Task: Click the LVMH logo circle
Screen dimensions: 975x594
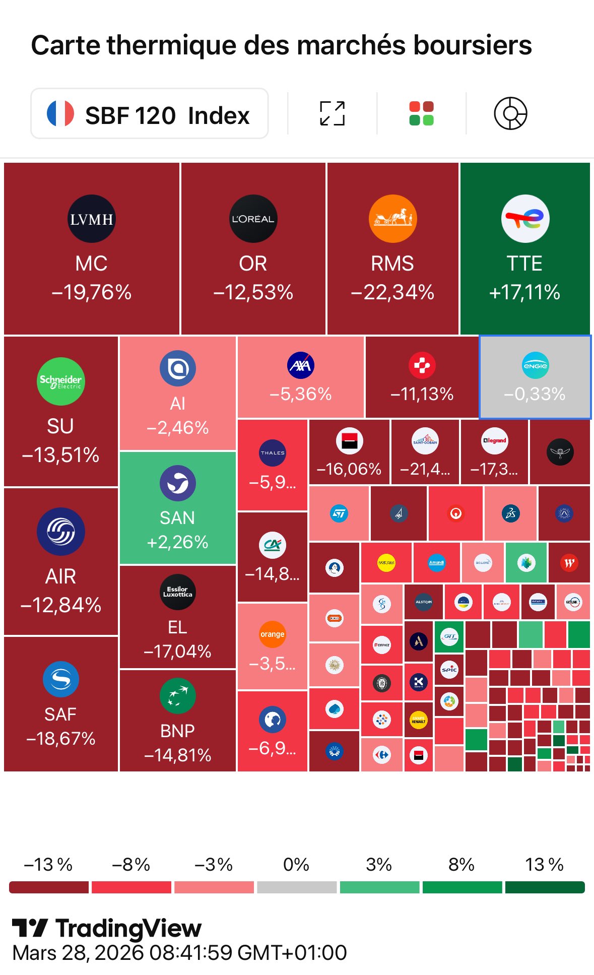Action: [92, 219]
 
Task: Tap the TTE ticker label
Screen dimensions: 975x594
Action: [524, 264]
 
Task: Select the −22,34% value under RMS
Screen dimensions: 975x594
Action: [392, 292]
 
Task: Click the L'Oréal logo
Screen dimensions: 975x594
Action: [253, 219]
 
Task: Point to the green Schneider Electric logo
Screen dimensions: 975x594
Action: [61, 381]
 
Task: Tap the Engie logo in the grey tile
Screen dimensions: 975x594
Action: [535, 365]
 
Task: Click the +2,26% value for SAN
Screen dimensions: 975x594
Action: [177, 542]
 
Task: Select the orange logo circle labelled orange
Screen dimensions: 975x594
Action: [272, 634]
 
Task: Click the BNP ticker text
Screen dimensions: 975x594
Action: [177, 731]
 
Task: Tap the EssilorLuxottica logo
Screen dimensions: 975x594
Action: [177, 592]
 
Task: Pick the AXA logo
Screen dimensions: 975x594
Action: [301, 365]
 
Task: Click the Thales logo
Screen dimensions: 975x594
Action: [273, 452]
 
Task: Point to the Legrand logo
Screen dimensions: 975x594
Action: [494, 440]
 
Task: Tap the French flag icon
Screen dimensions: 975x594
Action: [60, 113]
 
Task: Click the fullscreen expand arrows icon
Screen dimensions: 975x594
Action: [333, 113]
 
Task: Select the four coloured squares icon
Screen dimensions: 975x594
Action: [421, 113]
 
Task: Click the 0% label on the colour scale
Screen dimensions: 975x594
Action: [296, 865]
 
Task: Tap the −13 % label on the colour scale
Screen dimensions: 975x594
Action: [48, 865]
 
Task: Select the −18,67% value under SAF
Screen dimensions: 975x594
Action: [61, 739]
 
